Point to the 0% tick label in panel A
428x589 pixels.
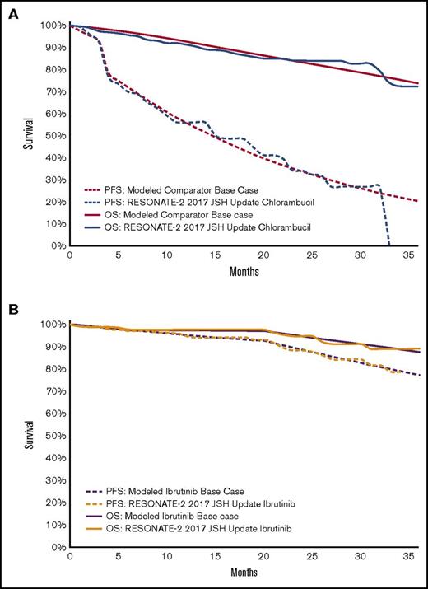click(56, 245)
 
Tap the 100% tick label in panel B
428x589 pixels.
click(52, 325)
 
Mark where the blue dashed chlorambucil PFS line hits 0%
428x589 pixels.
click(388, 245)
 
